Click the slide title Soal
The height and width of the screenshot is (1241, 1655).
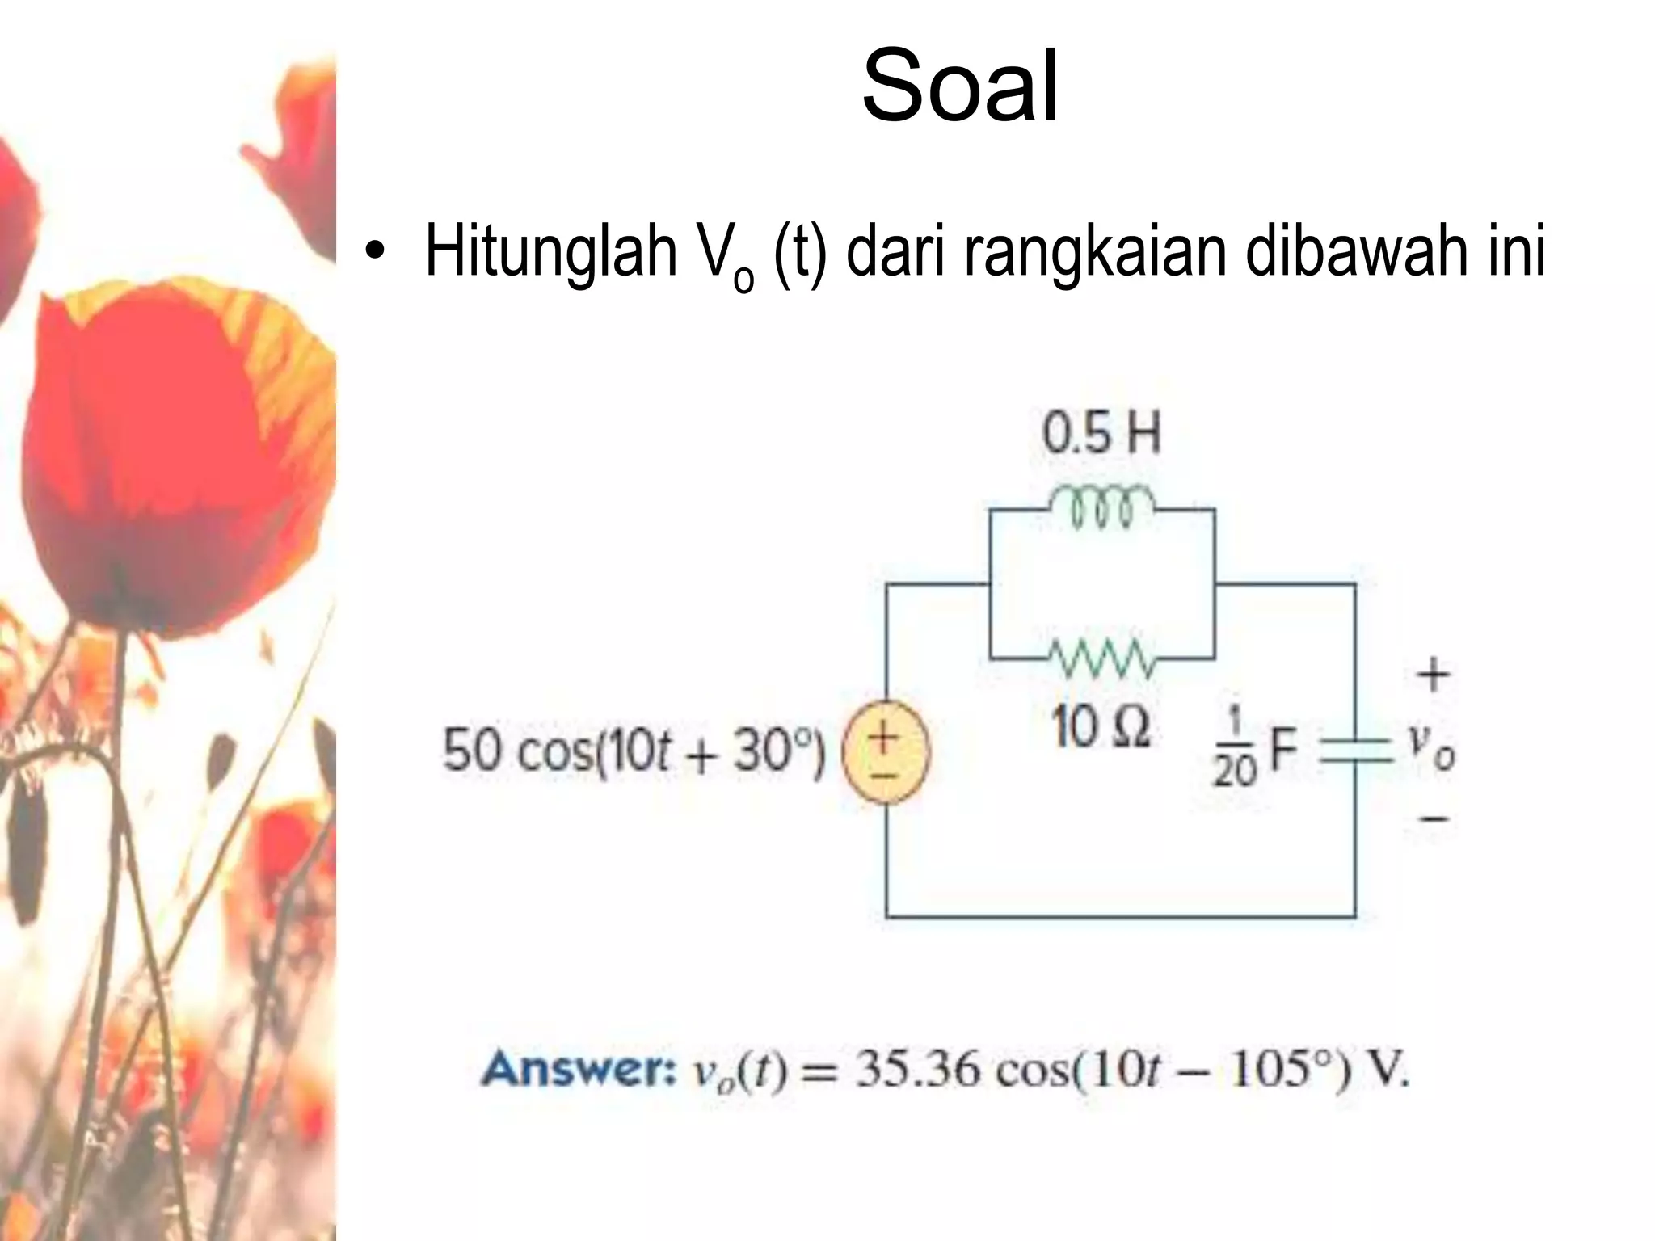click(960, 86)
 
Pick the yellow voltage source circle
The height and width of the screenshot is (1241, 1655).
click(886, 751)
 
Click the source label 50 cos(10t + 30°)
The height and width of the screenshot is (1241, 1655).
click(634, 751)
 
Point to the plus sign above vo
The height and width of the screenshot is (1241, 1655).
click(1433, 674)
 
